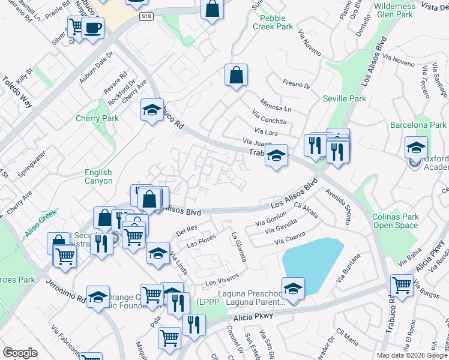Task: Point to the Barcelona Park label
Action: [x=418, y=125]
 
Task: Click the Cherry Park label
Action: [x=97, y=118]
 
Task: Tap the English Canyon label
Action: [x=98, y=176]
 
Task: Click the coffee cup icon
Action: [x=92, y=28]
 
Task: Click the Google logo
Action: [x=20, y=353]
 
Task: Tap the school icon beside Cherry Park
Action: [x=152, y=110]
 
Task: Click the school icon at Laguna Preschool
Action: [x=293, y=288]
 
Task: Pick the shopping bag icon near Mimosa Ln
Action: [x=237, y=76]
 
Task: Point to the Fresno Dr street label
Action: [x=298, y=85]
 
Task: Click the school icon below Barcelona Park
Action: [x=416, y=147]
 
